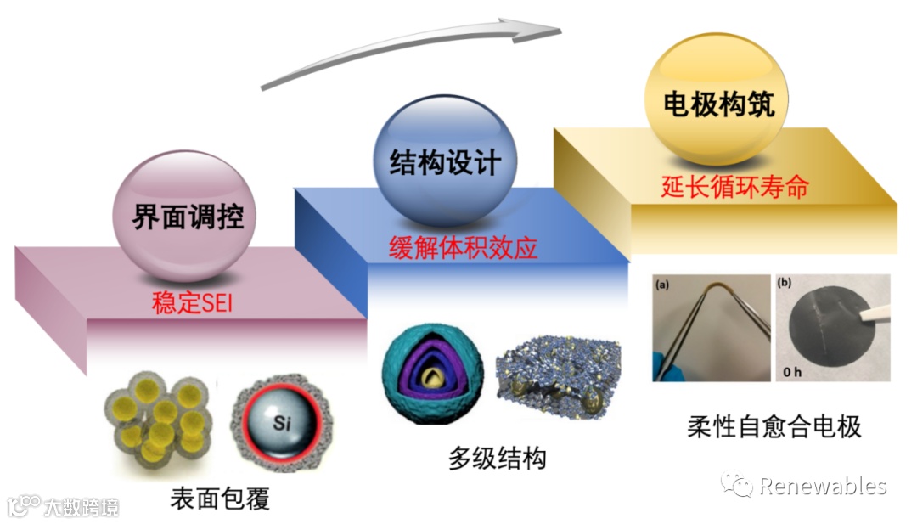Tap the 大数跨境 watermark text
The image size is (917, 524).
click(x=82, y=507)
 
